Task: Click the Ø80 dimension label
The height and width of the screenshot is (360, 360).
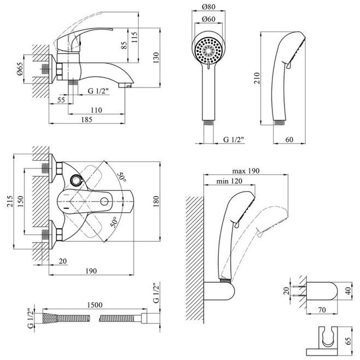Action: coord(208,7)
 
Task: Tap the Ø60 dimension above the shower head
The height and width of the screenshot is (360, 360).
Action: coord(208,19)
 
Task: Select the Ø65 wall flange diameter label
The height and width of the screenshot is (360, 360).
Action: coord(20,69)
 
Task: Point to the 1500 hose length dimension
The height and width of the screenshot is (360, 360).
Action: coord(95,305)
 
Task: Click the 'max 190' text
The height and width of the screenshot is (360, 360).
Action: coord(246,171)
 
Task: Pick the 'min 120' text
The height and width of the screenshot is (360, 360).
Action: coord(229,181)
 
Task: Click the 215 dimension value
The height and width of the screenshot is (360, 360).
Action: coord(10,201)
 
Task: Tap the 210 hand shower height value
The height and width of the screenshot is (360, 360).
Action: coord(257,78)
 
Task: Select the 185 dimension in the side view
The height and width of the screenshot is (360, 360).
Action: coord(86,119)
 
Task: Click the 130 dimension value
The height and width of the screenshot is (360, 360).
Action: coord(156,58)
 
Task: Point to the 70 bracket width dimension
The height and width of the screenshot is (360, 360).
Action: coord(322,310)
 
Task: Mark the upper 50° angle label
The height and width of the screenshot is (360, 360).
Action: coord(121,177)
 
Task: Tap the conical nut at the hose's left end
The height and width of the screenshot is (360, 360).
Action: coord(50,318)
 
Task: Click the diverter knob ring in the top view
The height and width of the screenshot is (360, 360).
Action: coord(76,180)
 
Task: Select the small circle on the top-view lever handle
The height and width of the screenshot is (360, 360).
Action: coord(104,201)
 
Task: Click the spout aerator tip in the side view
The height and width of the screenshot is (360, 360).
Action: coord(125,85)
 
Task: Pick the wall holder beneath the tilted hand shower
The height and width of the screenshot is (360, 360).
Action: coord(219,291)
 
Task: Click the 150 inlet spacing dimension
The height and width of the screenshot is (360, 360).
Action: coord(20,201)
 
